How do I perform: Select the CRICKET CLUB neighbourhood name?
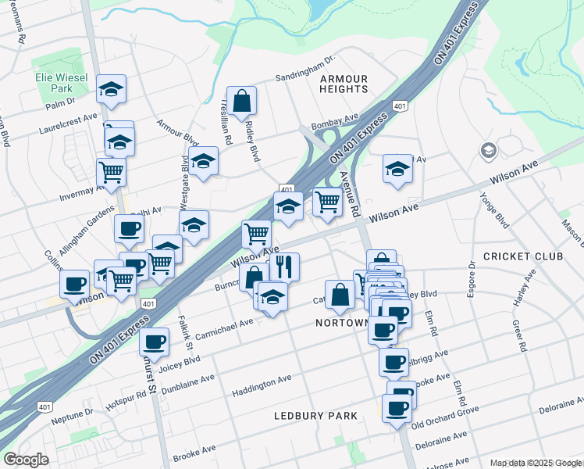pyautogui.click(x=517, y=256)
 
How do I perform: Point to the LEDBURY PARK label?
pyautogui.click(x=315, y=416)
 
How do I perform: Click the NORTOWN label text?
pyautogui.click(x=341, y=323)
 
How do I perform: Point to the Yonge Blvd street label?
pyautogui.click(x=500, y=211)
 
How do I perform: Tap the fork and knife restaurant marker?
pyautogui.click(x=284, y=267)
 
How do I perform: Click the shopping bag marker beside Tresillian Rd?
pyautogui.click(x=241, y=100)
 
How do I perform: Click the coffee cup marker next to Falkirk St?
pyautogui.click(x=154, y=342)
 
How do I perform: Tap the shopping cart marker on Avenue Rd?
pyautogui.click(x=328, y=202)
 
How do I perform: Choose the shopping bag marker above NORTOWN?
pyautogui.click(x=340, y=295)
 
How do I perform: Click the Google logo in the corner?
pyautogui.click(x=26, y=460)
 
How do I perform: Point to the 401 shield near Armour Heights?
pyautogui.click(x=399, y=106)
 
